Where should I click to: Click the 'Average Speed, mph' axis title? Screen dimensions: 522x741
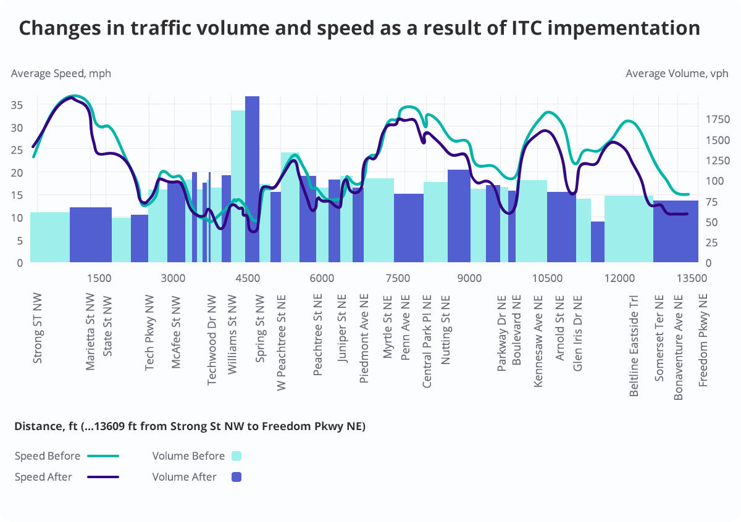click(x=61, y=73)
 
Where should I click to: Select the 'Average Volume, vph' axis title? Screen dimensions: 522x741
click(x=677, y=73)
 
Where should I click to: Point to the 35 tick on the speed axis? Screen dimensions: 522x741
click(x=17, y=105)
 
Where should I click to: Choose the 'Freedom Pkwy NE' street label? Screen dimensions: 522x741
click(x=703, y=340)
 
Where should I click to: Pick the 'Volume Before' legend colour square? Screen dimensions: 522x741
click(x=236, y=457)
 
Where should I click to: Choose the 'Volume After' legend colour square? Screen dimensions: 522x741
click(x=236, y=477)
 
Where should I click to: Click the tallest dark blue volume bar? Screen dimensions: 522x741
click(x=252, y=179)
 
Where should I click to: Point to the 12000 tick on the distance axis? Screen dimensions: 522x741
click(x=619, y=278)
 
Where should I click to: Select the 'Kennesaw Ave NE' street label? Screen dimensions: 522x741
click(x=538, y=341)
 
